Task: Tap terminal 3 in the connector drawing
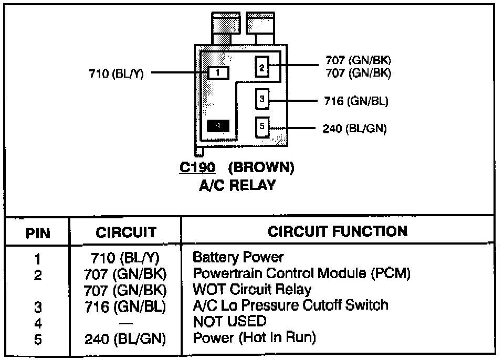(262, 98)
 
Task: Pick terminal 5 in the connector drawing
(262, 127)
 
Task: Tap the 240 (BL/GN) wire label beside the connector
(354, 129)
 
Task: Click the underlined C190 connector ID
(197, 168)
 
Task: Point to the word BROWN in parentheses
(261, 168)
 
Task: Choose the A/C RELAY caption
(237, 185)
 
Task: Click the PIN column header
(37, 232)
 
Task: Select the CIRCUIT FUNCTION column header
(338, 231)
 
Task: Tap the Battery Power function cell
(238, 257)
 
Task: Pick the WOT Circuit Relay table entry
(252, 289)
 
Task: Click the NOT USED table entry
(229, 321)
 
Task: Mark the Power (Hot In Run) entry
(255, 337)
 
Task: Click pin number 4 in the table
(37, 322)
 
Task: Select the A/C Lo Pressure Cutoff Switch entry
(291, 305)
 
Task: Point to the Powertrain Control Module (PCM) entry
(301, 273)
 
